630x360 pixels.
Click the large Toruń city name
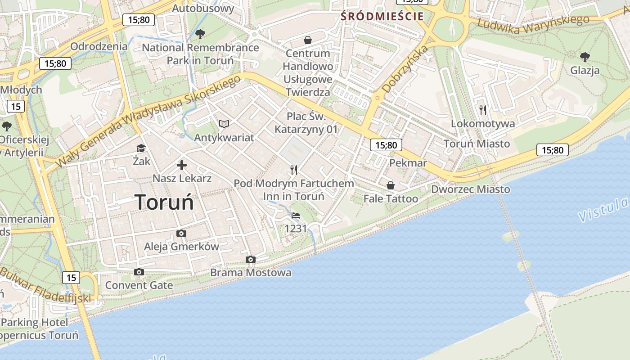pyautogui.click(x=164, y=202)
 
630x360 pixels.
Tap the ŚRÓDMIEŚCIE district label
pyautogui.click(x=382, y=17)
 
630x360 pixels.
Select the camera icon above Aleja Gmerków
pyautogui.click(x=181, y=233)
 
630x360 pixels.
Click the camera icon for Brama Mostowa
pyautogui.click(x=251, y=259)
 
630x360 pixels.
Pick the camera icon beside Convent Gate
pyautogui.click(x=139, y=272)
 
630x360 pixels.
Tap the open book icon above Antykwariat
pyautogui.click(x=224, y=124)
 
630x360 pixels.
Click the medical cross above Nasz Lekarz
pyautogui.click(x=182, y=165)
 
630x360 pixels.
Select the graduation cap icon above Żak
pyautogui.click(x=141, y=148)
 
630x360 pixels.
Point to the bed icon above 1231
pyautogui.click(x=296, y=216)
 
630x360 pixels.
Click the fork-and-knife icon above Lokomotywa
pyautogui.click(x=483, y=110)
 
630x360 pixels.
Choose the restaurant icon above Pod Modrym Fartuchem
pyautogui.click(x=294, y=170)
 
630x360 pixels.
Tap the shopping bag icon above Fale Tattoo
pyautogui.click(x=391, y=185)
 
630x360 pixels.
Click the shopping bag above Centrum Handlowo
pyautogui.click(x=308, y=40)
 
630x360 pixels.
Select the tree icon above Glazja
pyautogui.click(x=585, y=57)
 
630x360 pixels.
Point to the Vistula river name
pyautogui.click(x=603, y=210)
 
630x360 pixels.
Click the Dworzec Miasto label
pyautogui.click(x=471, y=189)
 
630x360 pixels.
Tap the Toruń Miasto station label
pyautogui.click(x=477, y=144)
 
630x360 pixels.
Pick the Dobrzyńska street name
pyautogui.click(x=404, y=70)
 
